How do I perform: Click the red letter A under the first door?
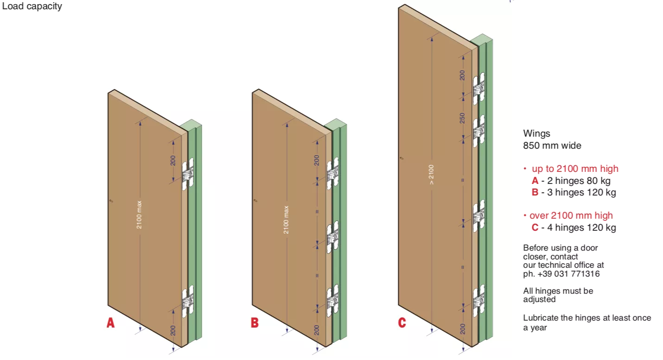[x=110, y=323]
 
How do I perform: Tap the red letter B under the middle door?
[x=255, y=323]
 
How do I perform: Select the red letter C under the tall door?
[x=402, y=323]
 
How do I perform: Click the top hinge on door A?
[x=188, y=174]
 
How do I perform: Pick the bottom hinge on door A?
[x=188, y=302]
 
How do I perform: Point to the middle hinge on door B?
[x=333, y=237]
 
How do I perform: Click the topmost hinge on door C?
[x=479, y=88]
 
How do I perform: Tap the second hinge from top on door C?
[x=479, y=131]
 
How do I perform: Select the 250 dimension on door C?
[x=462, y=118]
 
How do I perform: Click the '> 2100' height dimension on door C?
[x=431, y=175]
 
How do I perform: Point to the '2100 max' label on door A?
[x=139, y=215]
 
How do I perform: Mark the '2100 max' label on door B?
[x=286, y=220]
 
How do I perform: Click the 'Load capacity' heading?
[x=32, y=6]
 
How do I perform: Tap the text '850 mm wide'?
[x=552, y=145]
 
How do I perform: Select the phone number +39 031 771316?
[x=568, y=274]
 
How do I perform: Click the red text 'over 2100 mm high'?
[x=571, y=215]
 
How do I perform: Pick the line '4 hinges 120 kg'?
[x=581, y=227]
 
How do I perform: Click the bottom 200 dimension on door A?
[x=173, y=330]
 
